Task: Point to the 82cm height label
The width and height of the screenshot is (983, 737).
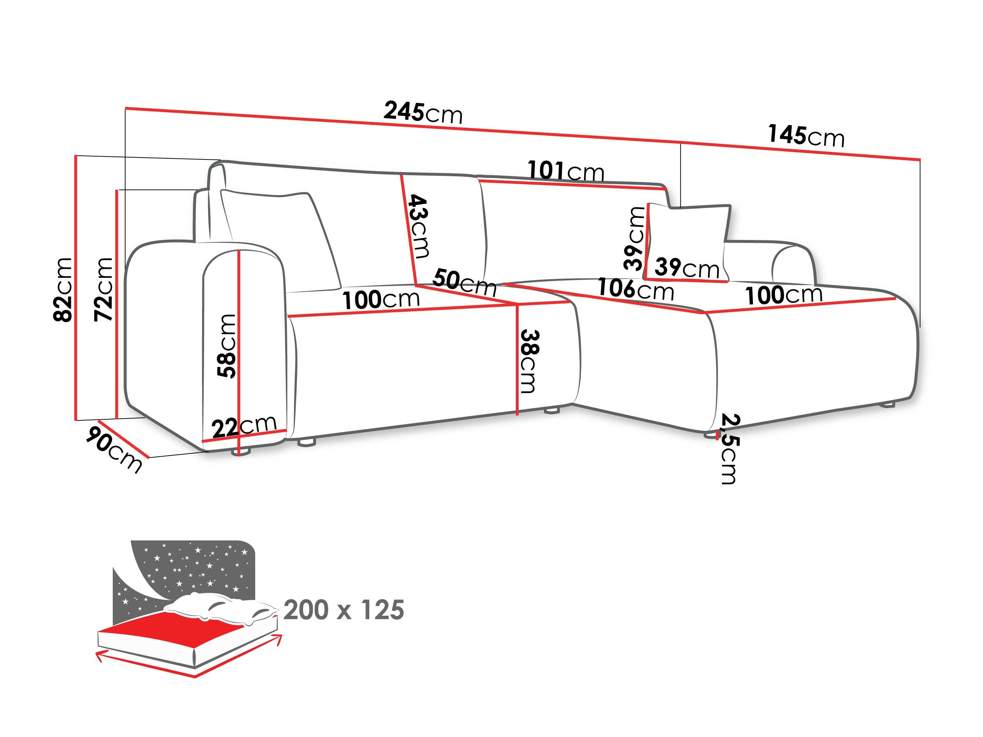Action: point(63,289)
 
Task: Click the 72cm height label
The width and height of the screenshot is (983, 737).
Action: point(104,289)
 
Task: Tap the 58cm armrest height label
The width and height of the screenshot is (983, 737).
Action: point(227,345)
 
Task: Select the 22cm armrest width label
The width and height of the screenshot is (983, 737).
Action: point(244,426)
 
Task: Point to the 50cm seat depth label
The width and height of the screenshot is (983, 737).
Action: point(464,282)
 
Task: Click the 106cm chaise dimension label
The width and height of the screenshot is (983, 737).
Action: point(636,289)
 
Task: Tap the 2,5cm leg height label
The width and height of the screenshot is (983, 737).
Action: point(729,449)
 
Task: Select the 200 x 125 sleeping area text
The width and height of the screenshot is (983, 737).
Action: point(343,610)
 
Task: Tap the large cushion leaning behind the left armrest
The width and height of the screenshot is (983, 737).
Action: point(280,235)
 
